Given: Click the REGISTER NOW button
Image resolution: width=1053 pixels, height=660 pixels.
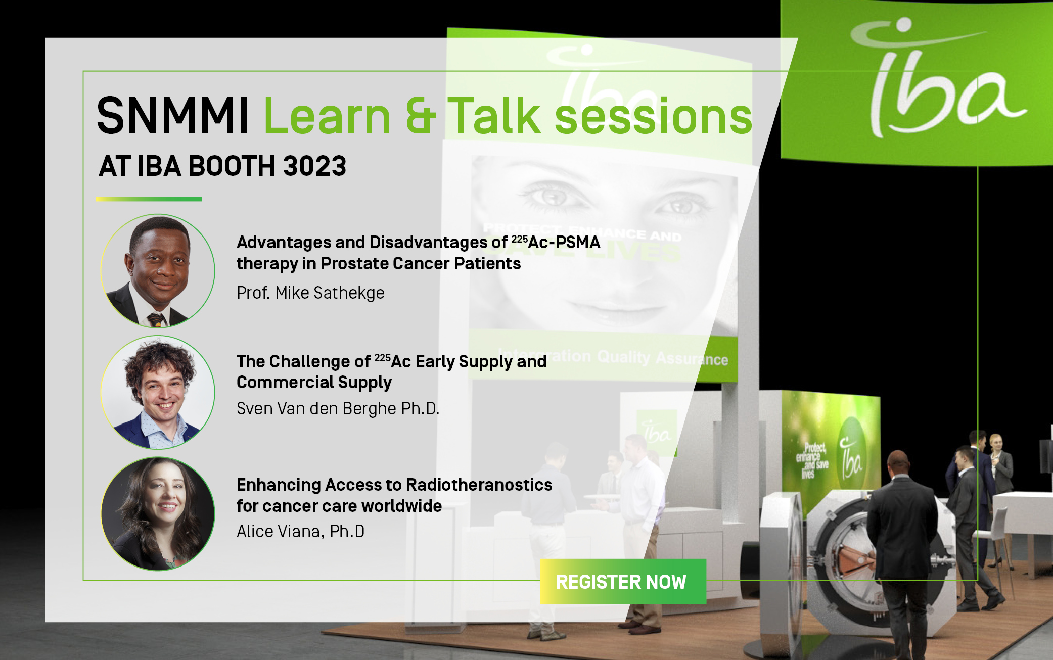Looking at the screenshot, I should point(623,582).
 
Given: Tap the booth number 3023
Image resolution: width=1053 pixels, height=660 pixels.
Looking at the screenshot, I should point(314,166).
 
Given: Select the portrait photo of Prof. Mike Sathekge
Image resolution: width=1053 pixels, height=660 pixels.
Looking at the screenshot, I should point(158,271).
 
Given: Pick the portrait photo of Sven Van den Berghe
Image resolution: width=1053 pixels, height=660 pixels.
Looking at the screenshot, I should point(158,393).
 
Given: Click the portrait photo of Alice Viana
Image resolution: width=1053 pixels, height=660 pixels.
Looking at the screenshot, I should point(158,514).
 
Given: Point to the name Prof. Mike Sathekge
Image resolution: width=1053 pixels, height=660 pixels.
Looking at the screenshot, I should point(310,293).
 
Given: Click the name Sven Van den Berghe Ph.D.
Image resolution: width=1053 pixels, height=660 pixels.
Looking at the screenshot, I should point(338,408).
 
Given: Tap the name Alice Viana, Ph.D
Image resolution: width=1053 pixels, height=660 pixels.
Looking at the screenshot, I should point(300,531).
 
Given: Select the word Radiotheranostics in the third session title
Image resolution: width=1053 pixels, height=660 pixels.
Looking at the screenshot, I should point(479,485).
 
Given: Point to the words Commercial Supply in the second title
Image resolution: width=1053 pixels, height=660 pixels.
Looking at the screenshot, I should point(314,382).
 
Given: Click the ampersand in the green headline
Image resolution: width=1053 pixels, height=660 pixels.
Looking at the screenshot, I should point(420,116).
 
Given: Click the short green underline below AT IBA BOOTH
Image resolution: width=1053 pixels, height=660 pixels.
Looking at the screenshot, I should point(149,199).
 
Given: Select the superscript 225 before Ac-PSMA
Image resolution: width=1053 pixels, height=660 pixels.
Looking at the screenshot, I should point(519,239).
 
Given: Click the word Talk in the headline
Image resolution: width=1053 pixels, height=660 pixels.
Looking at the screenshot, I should point(494,116).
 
